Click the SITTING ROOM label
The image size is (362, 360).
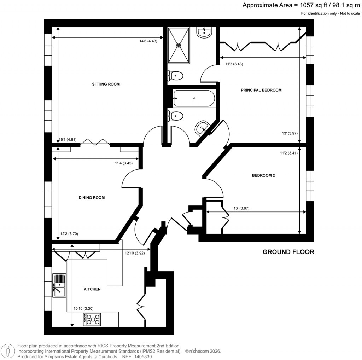click(x=106, y=84)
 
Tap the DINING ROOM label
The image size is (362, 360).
click(x=92, y=198)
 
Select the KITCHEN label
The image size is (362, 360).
click(x=92, y=289)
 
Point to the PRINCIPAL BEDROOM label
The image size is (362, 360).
click(x=261, y=90)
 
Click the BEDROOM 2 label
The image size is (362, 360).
click(x=263, y=175)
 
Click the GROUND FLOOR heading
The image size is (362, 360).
click(x=288, y=252)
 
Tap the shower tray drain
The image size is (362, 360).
click(x=179, y=45)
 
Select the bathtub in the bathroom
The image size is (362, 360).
click(x=193, y=98)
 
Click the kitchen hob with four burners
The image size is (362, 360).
click(x=92, y=320)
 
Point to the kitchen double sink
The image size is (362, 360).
click(x=59, y=285)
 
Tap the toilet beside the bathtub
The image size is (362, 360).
click(x=176, y=116)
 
